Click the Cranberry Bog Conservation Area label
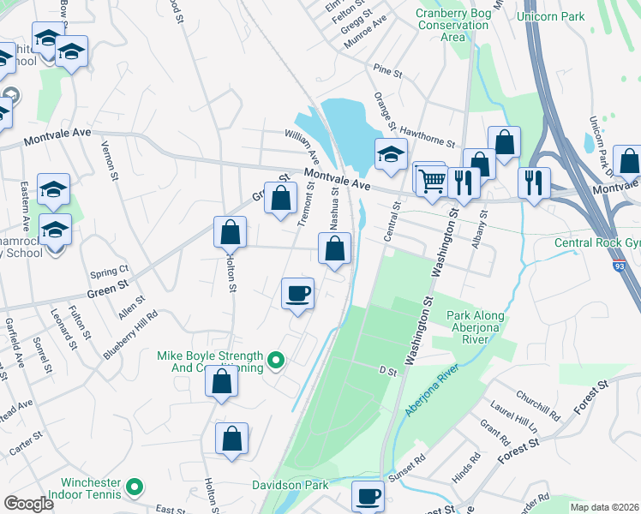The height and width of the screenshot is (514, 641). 452,25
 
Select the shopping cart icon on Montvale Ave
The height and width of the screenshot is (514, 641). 434,179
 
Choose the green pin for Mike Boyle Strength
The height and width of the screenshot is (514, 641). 275,362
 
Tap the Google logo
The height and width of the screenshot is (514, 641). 28,503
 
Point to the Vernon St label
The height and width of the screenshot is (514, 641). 109,160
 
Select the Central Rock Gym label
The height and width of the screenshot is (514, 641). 597,243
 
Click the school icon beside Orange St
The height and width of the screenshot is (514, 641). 391,155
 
